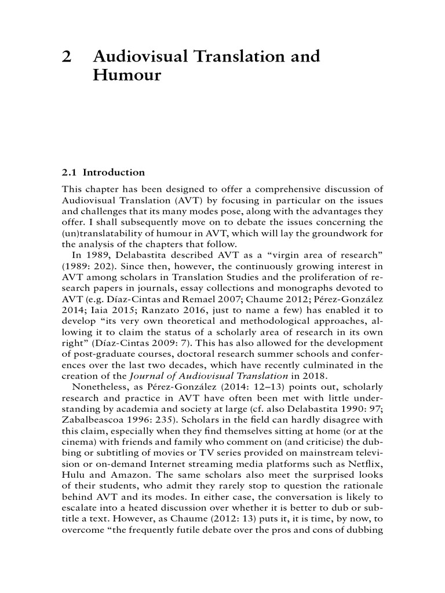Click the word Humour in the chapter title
[x=126, y=76]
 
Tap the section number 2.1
[x=70, y=173]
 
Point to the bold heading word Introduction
[x=114, y=173]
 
